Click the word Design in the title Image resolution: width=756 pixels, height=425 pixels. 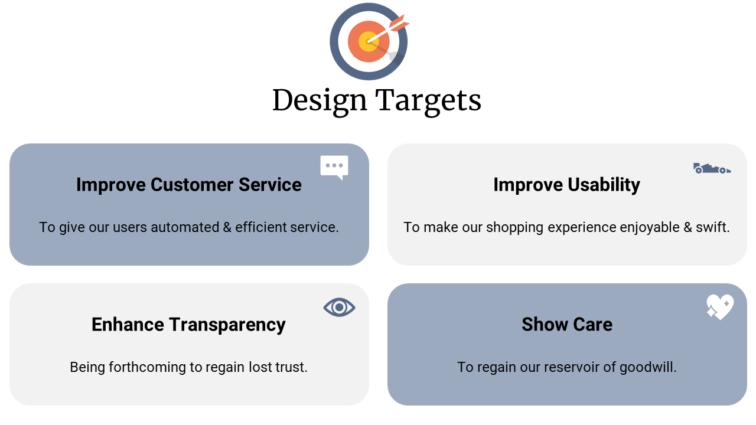(x=320, y=101)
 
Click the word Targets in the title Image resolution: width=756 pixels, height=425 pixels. (x=428, y=101)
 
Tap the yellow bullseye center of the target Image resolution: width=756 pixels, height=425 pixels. (x=367, y=42)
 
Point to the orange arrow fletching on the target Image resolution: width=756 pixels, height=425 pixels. (x=399, y=23)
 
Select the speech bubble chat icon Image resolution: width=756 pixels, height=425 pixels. (x=334, y=167)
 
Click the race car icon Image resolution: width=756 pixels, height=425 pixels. (x=712, y=168)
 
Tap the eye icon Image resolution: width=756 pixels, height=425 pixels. (x=339, y=308)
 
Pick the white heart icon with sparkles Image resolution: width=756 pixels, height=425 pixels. (x=720, y=307)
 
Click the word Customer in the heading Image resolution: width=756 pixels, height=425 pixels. (x=192, y=185)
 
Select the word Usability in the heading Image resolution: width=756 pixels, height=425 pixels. (x=604, y=185)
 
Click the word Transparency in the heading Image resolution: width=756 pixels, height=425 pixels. (x=227, y=325)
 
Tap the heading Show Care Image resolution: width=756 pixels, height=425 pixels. (x=567, y=325)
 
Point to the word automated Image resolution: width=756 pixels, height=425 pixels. (x=185, y=227)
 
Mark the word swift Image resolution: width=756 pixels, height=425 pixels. (x=713, y=227)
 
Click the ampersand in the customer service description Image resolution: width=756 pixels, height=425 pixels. (x=227, y=227)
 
